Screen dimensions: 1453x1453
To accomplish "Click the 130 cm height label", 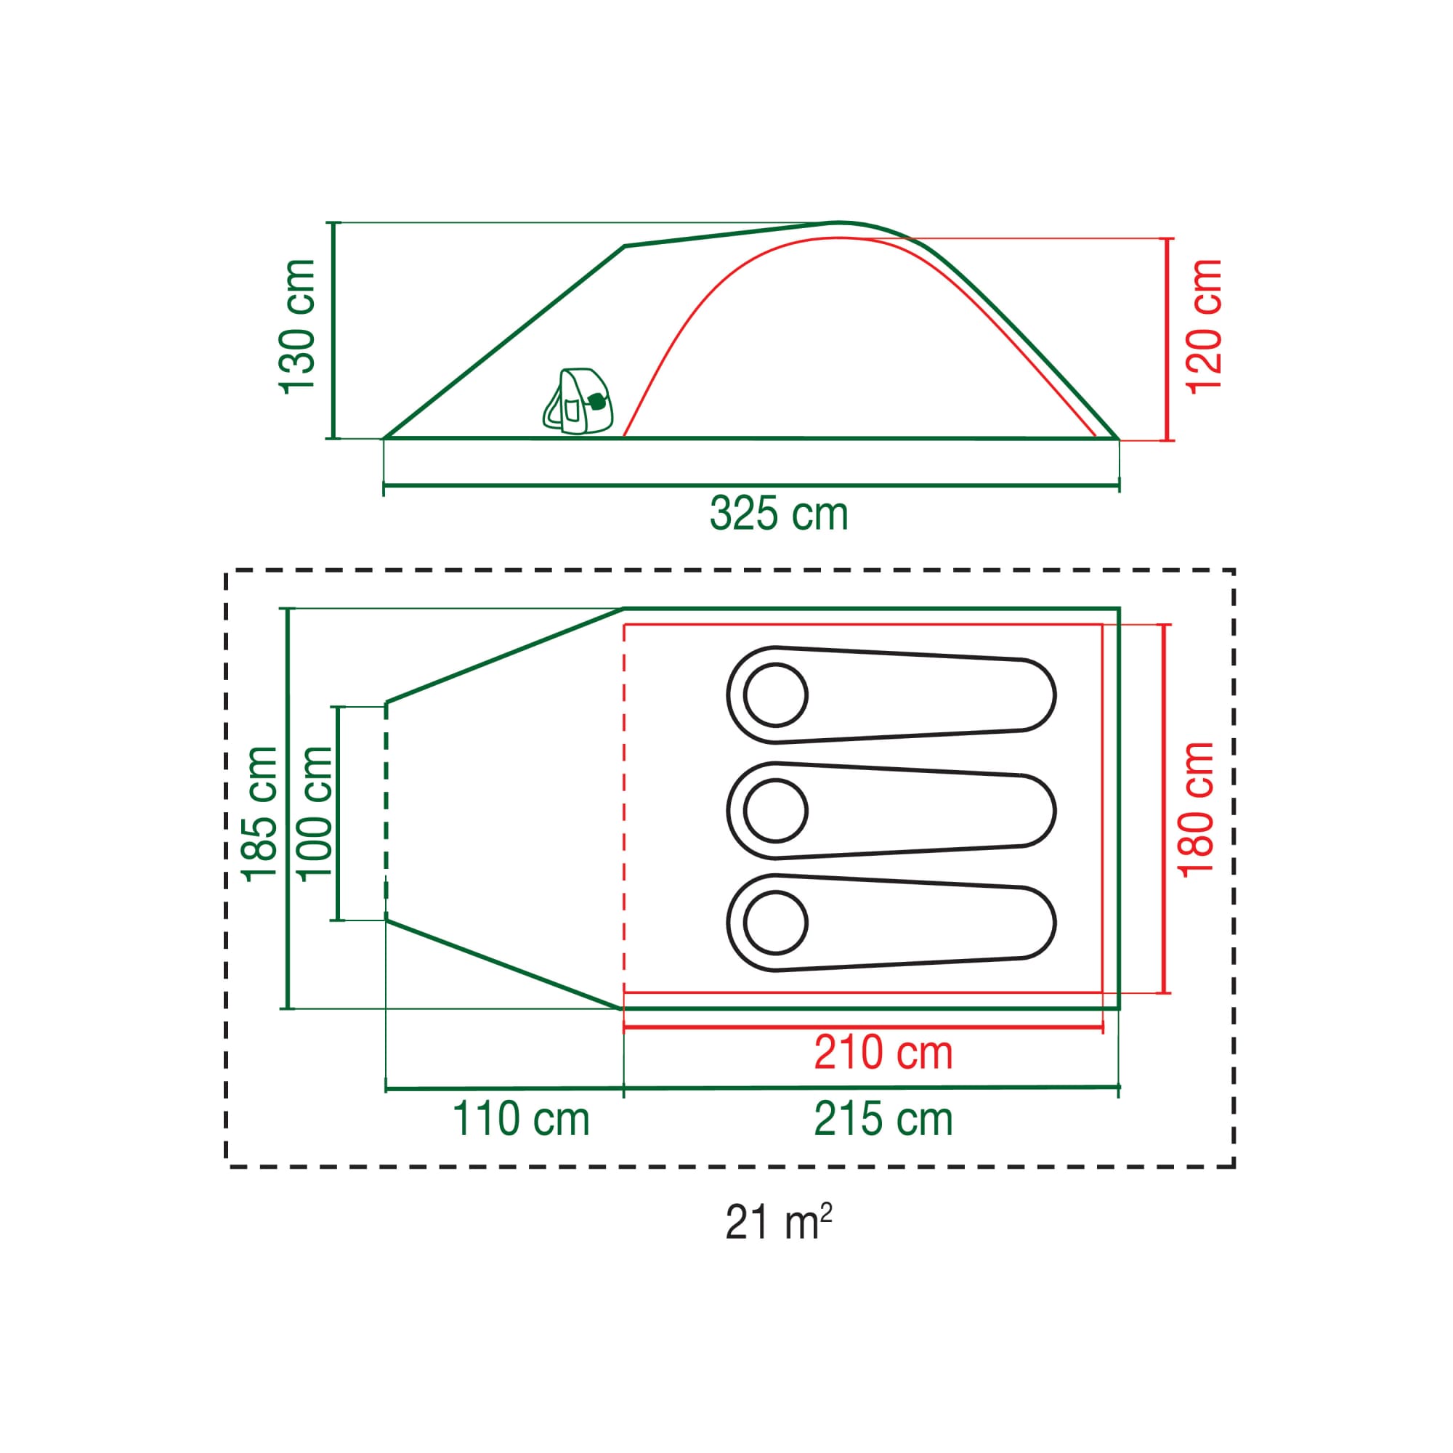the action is pos(297,325).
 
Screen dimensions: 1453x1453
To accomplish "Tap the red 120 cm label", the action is pos(1203,325).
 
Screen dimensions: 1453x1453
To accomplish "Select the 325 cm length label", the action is pos(778,514).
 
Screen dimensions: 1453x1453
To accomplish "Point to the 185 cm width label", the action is pos(259,813).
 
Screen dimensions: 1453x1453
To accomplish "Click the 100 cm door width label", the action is pos(314,813).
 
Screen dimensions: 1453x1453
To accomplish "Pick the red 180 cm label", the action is pos(1196,809).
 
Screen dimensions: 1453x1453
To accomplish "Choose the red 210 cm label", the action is pos(883,1052).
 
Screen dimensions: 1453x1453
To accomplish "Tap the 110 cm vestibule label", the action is pos(520,1119).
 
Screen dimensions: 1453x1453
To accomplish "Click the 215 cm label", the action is pos(883,1119).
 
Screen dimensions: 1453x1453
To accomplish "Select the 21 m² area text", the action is pos(778,1222).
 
